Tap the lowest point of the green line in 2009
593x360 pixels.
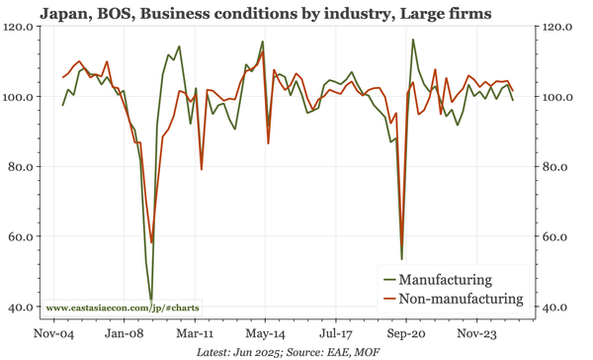pos(151,299)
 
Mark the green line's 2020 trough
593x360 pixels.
pos(402,259)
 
